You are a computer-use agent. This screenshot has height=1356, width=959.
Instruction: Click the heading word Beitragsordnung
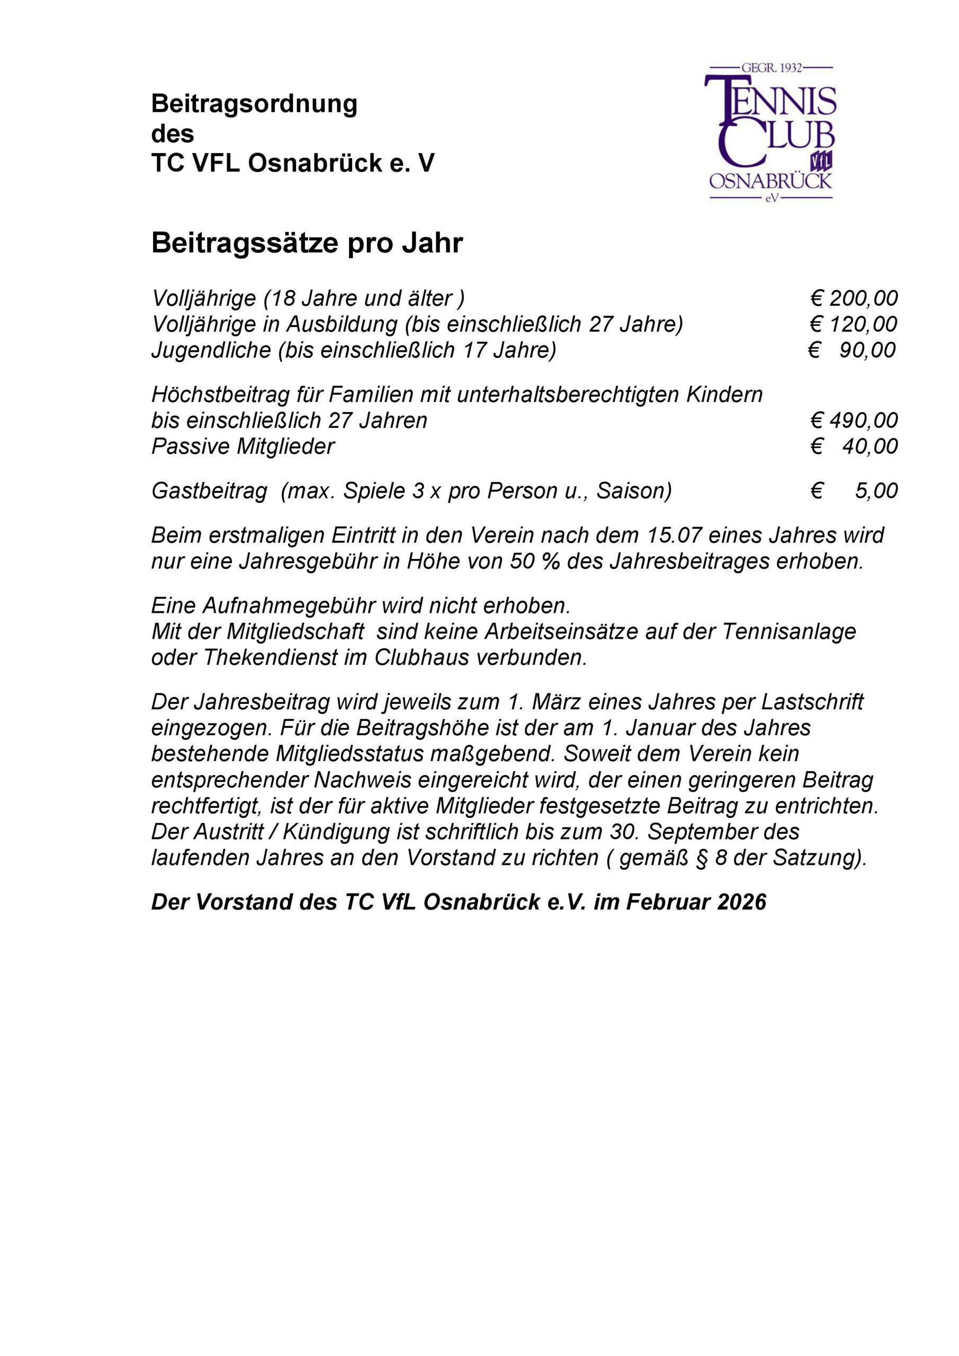(x=255, y=104)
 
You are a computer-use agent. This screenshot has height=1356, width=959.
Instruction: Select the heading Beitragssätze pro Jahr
(x=307, y=243)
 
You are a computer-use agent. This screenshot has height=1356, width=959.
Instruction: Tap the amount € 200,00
(x=854, y=299)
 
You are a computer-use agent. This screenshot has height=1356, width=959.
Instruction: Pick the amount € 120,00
(x=854, y=325)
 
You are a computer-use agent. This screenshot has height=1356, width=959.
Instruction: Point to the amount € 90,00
(x=852, y=351)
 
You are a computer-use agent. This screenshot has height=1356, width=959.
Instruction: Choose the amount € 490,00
(x=854, y=421)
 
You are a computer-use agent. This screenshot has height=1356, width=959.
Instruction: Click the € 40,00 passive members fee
(x=854, y=447)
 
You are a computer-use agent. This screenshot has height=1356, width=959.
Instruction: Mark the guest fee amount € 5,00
(x=854, y=491)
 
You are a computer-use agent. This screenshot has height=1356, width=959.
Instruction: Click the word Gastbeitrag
(x=210, y=492)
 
